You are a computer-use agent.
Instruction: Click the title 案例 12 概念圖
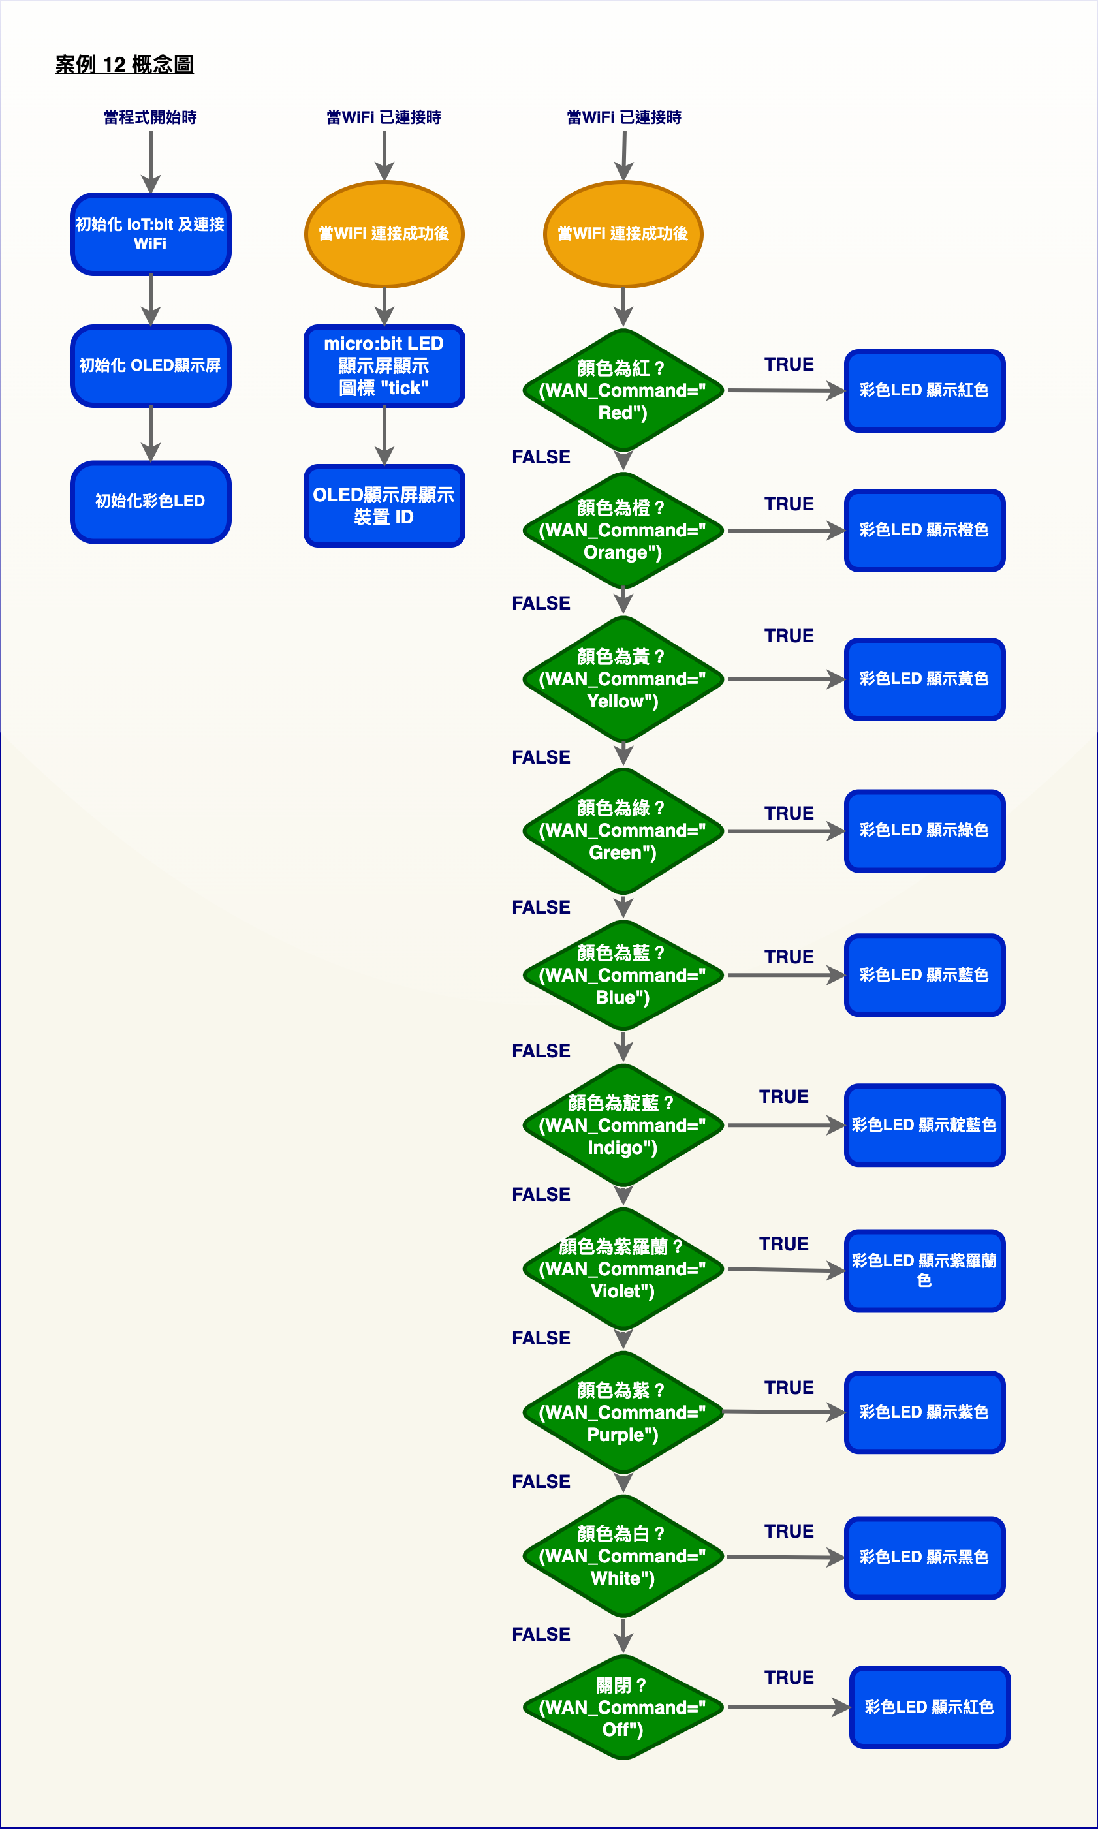(124, 65)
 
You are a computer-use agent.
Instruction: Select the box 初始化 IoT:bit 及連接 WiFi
(151, 234)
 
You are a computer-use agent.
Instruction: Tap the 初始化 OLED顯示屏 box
(151, 365)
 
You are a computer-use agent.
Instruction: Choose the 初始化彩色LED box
(151, 501)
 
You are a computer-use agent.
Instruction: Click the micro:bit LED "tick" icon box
(384, 365)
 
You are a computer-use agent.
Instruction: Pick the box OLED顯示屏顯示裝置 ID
(384, 506)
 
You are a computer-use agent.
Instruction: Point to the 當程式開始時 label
(150, 117)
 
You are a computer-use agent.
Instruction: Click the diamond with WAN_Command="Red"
(623, 390)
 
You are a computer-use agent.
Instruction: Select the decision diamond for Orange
(623, 530)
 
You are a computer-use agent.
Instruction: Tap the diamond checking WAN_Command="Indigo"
(623, 1125)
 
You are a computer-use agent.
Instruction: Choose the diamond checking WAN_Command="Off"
(623, 1707)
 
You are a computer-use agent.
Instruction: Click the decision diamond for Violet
(623, 1269)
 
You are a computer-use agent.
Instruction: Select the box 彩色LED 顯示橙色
(924, 531)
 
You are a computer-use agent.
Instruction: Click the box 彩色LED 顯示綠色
(924, 831)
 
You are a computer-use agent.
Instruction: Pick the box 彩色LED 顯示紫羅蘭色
(924, 1271)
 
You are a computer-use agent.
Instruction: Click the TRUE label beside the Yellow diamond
(789, 636)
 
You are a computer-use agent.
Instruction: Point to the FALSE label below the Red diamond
(541, 457)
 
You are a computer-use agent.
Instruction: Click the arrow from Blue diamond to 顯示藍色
(786, 975)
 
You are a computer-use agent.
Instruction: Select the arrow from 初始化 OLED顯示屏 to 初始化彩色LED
(151, 434)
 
